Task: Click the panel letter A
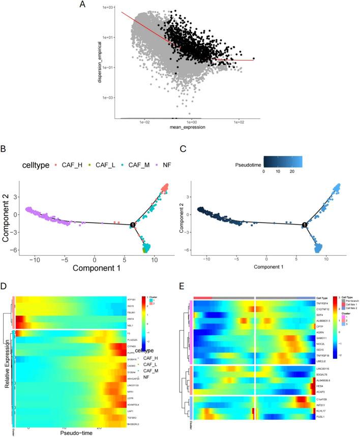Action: pyautogui.click(x=82, y=6)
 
